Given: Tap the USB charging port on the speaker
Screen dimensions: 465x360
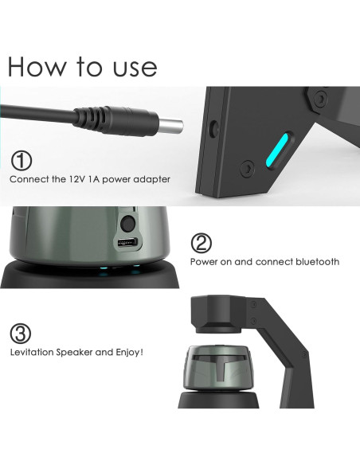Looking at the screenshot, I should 125,242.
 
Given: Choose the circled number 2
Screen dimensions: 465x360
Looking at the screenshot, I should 202,242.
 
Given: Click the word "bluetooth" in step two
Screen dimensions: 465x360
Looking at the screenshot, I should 316,261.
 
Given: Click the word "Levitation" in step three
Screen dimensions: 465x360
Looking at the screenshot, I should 34,352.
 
